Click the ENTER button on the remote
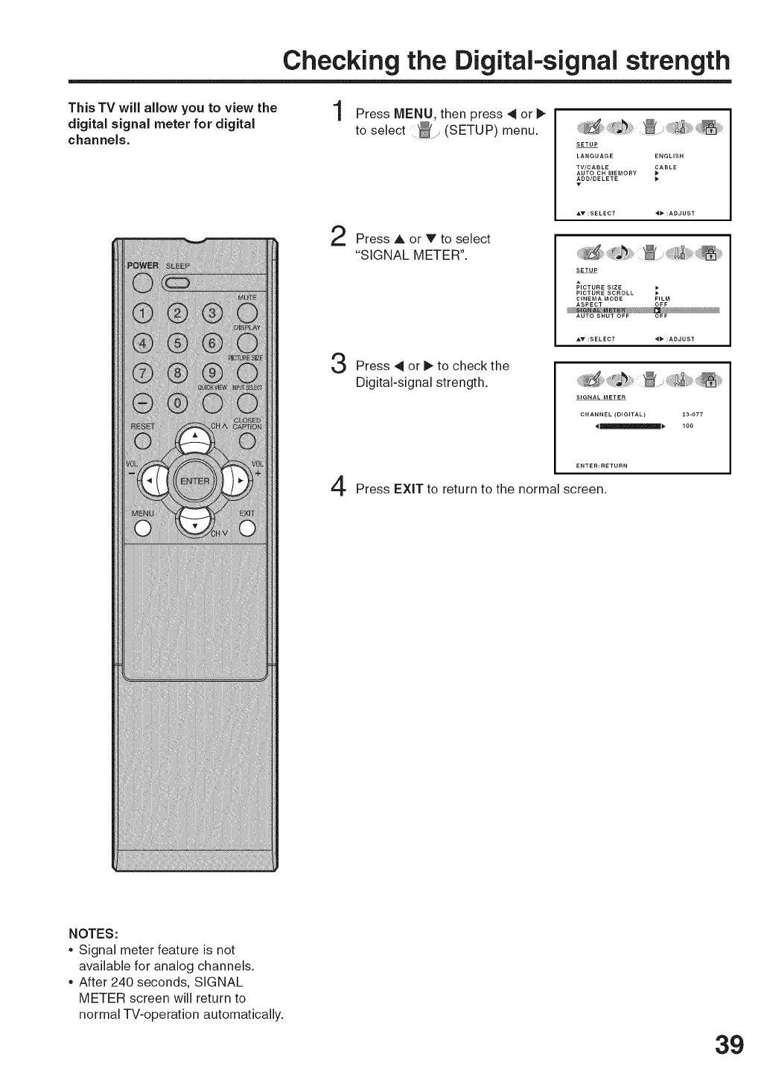pyautogui.click(x=195, y=480)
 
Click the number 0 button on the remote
pyautogui.click(x=177, y=403)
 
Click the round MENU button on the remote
pyautogui.click(x=142, y=528)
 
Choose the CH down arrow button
pyautogui.click(x=194, y=521)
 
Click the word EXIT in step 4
pyautogui.click(x=409, y=490)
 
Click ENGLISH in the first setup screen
pyautogui.click(x=669, y=156)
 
